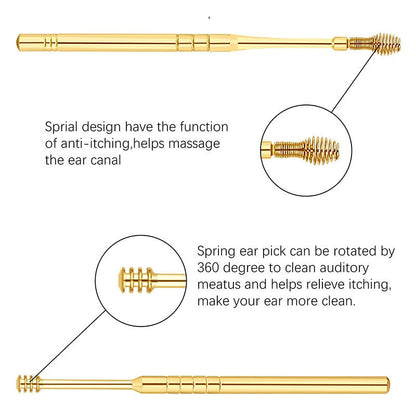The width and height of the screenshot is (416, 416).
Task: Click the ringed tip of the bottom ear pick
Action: pyautogui.click(x=29, y=381)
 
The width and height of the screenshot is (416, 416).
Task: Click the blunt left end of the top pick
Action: pyautogui.click(x=21, y=42)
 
